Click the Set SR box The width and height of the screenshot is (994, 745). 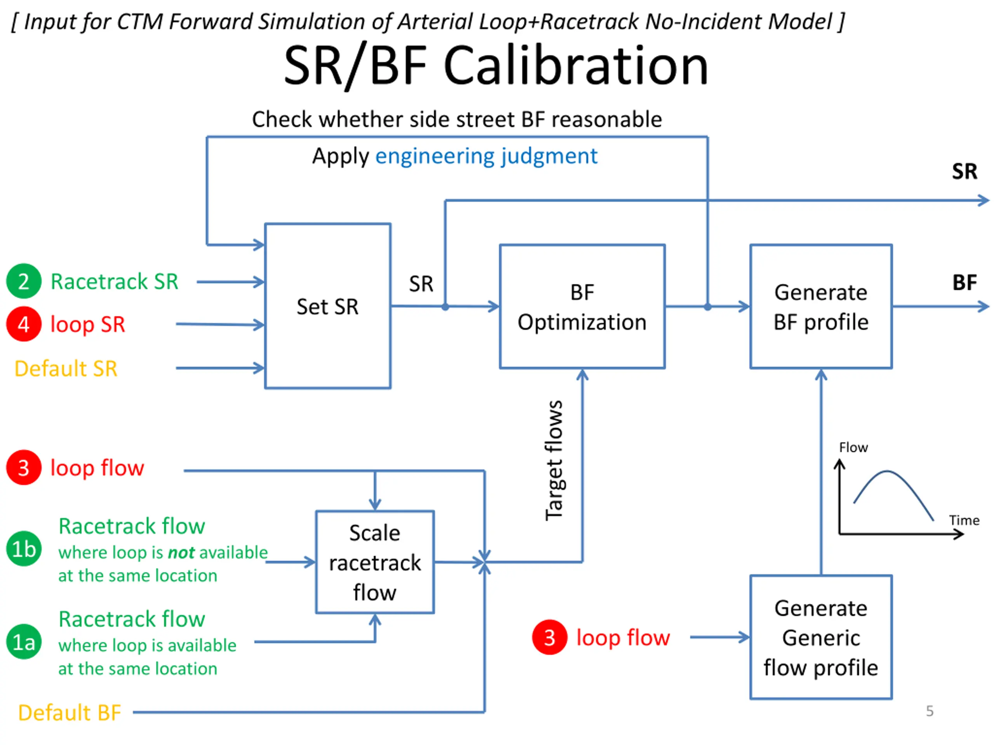[328, 306]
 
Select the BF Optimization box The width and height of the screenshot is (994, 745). [582, 307]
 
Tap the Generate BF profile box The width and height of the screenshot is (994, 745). [821, 307]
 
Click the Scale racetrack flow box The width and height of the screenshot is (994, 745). [375, 562]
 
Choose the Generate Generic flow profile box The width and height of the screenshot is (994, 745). [821, 637]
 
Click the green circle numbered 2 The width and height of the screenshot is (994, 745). [24, 281]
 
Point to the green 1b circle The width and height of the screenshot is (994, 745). [24, 549]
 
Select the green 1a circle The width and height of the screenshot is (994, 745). [24, 642]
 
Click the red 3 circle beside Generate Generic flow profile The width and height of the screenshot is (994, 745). [549, 637]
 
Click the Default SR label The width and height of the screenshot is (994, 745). [66, 369]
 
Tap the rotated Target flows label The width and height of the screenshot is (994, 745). [554, 460]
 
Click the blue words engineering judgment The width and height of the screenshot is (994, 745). [486, 156]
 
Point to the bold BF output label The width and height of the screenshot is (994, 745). [964, 282]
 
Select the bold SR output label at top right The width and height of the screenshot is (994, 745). [964, 171]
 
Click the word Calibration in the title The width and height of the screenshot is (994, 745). [576, 66]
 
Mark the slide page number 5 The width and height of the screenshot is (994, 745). [930, 711]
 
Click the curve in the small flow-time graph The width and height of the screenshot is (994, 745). [887, 471]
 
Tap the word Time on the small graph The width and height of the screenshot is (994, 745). [964, 520]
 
